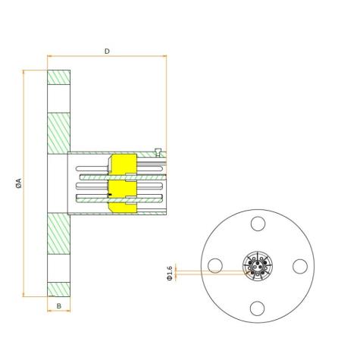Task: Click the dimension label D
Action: point(107,51)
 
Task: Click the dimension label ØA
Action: point(18,183)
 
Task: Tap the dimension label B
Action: point(59,305)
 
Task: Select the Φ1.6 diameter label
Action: point(170,271)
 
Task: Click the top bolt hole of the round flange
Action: point(258,224)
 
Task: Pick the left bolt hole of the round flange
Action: point(216,266)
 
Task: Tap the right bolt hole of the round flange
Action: point(300,266)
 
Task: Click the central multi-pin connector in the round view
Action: point(258,266)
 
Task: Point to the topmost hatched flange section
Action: point(59,77)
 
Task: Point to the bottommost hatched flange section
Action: point(59,289)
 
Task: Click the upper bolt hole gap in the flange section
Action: point(59,99)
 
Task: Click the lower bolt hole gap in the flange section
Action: point(59,267)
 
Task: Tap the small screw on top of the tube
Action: point(158,151)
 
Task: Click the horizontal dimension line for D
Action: point(107,56)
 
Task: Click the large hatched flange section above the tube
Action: point(59,133)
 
